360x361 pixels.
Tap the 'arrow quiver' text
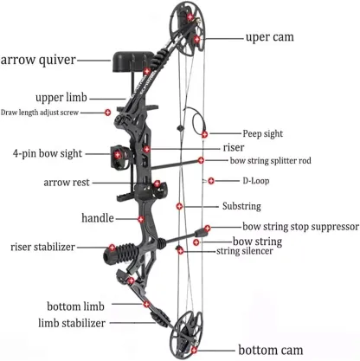(x=38, y=60)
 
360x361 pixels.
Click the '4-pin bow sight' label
(x=48, y=153)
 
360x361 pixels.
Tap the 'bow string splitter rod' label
(x=270, y=160)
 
